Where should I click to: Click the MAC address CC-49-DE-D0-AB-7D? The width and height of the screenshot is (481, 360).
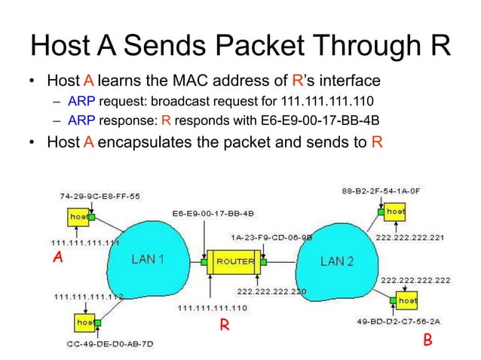pyautogui.click(x=109, y=343)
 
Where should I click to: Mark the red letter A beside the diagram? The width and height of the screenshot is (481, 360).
pyautogui.click(x=54, y=258)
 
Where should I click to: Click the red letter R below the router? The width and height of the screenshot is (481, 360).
pyautogui.click(x=223, y=325)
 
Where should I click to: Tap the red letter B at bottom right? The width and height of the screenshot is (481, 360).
pyautogui.click(x=427, y=340)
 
